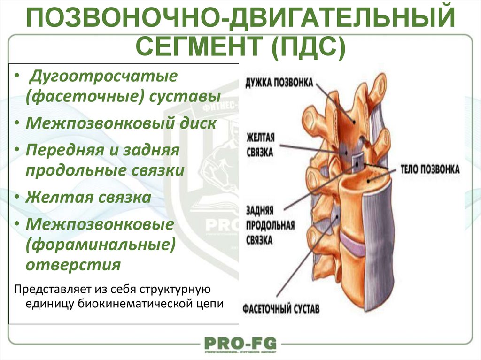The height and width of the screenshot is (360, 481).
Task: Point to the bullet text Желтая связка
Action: tap(88, 197)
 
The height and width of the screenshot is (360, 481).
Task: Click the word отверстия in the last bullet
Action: tap(73, 264)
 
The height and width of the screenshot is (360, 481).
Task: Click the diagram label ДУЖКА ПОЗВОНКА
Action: tap(279, 83)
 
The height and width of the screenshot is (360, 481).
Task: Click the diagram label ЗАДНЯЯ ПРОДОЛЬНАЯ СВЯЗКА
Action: tap(270, 226)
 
